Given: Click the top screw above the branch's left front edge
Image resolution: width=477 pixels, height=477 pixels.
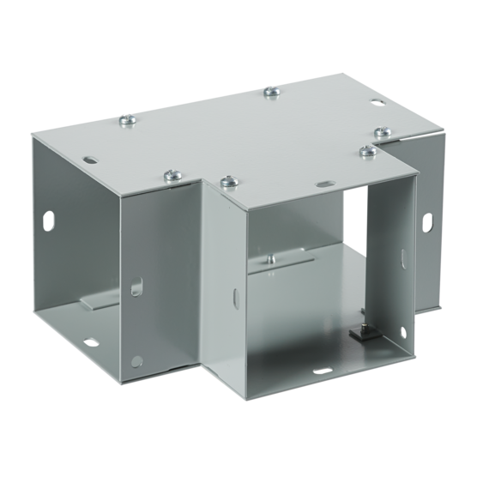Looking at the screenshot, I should coord(227,181).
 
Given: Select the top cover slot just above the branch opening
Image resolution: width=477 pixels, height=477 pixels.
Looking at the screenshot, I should coord(328,184).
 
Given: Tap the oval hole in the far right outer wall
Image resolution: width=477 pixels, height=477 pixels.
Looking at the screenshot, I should coord(426,221).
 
